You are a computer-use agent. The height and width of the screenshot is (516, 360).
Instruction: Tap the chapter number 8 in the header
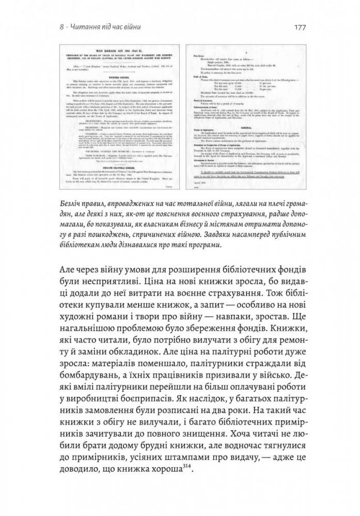pos(60,26)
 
